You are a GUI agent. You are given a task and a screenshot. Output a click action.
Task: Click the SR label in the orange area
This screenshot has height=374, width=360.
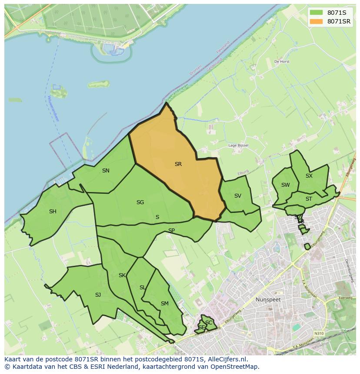[178, 164]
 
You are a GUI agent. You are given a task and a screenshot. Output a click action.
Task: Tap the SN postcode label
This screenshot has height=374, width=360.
[106, 171]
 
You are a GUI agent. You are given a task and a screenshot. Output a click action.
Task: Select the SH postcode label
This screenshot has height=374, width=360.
[53, 212]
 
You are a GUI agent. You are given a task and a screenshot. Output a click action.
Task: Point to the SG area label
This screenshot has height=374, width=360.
[140, 202]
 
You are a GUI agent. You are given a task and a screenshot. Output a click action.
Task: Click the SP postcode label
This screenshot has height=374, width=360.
[171, 231]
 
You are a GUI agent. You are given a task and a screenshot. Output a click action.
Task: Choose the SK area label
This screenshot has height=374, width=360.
[122, 275]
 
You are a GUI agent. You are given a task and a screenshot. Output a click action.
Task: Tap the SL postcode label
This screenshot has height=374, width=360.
[143, 288]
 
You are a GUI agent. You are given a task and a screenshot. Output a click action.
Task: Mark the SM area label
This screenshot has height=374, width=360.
[164, 304]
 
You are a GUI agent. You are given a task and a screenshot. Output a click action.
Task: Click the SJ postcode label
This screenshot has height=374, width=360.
[98, 295]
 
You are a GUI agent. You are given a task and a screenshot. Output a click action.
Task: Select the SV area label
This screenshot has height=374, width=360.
[237, 196]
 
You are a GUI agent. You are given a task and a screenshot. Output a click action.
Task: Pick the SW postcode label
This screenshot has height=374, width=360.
[285, 185]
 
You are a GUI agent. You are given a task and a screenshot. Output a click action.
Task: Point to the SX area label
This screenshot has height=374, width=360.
[309, 176]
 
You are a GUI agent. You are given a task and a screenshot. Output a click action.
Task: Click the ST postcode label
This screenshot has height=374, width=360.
[309, 199]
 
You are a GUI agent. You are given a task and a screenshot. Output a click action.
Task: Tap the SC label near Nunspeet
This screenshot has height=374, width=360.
[209, 323]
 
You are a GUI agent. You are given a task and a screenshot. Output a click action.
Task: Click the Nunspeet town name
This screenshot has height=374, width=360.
[268, 300]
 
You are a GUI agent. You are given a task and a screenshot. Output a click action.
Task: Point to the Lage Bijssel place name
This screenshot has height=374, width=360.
[238, 146]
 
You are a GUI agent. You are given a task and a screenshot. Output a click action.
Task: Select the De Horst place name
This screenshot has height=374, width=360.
[282, 62]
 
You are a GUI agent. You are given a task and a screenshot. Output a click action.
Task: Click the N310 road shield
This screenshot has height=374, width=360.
[319, 333]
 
